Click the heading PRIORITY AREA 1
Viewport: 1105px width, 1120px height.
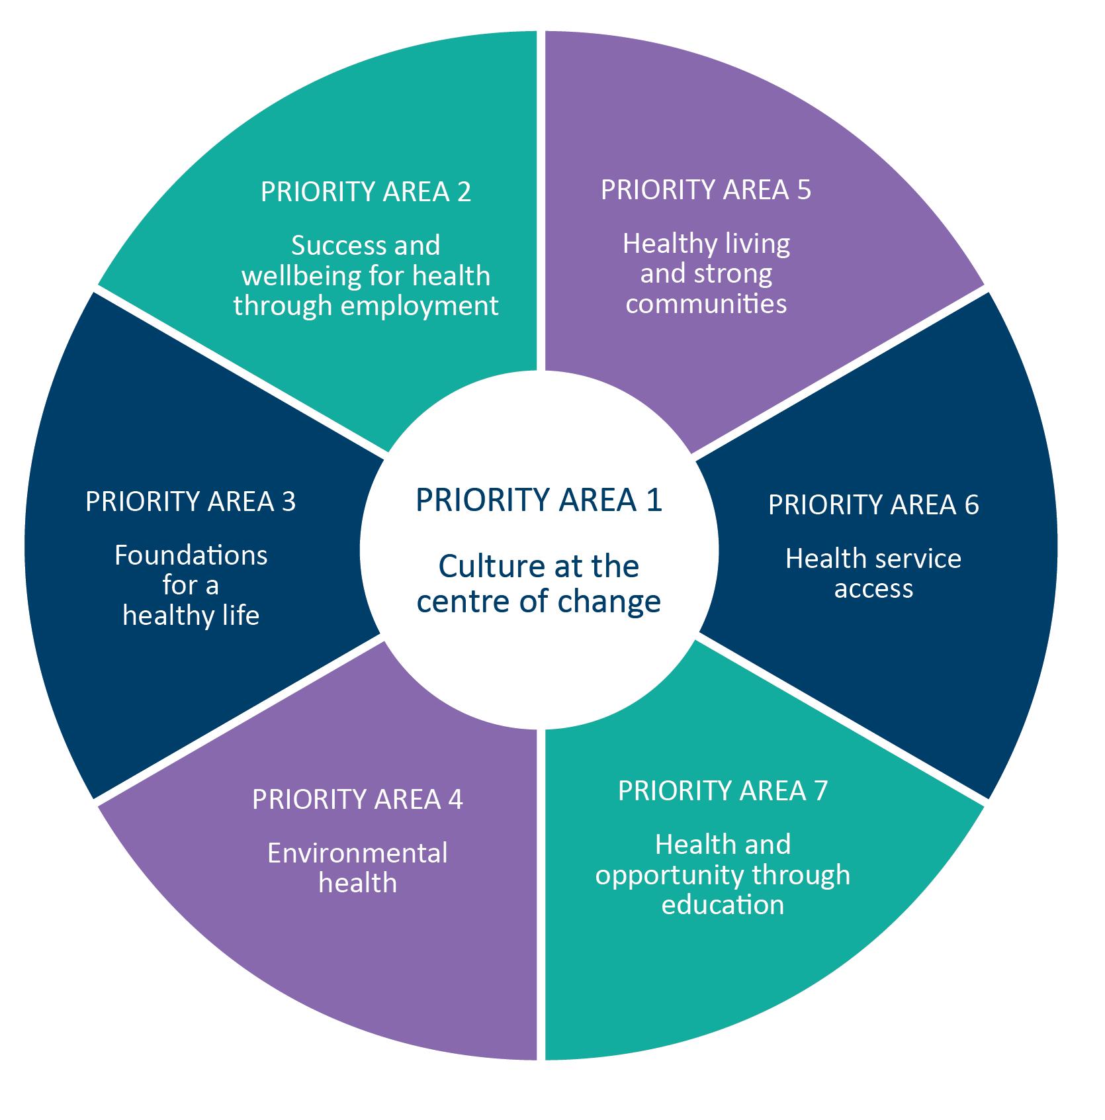539,500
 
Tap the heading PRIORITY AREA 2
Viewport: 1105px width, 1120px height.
366,192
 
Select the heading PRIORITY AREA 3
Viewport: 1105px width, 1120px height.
191,502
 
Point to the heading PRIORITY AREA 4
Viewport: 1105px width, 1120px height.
357,800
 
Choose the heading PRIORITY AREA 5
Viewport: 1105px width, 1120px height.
705,190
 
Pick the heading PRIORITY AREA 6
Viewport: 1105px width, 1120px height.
873,505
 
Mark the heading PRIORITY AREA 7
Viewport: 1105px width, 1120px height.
723,790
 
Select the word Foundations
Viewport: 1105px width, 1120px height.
191,555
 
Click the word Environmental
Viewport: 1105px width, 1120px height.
357,853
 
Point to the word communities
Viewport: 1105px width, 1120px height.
706,304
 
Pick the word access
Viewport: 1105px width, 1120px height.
873,588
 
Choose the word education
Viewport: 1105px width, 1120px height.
723,905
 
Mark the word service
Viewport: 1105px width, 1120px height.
920,559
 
